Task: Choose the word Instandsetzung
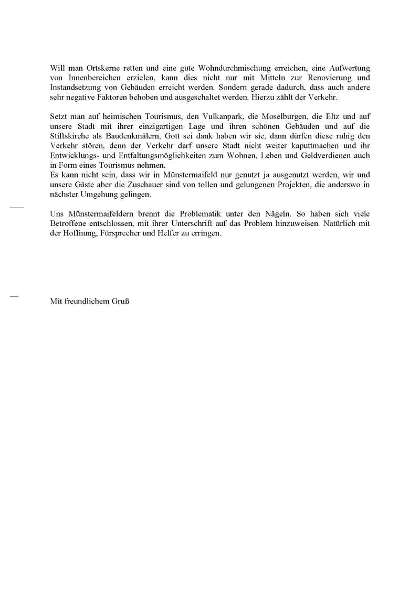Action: (x=73, y=87)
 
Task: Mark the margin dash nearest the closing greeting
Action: (x=14, y=297)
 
